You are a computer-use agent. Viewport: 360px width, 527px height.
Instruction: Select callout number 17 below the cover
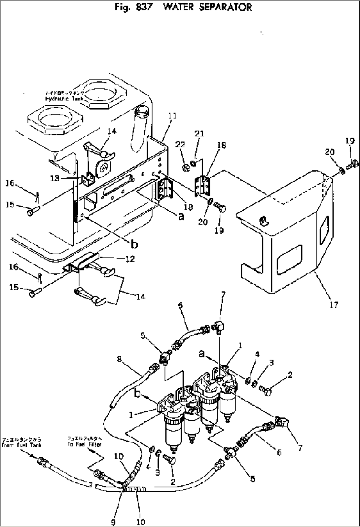pyautogui.click(x=334, y=304)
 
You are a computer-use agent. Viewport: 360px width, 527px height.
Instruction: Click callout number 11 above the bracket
pyautogui.click(x=172, y=116)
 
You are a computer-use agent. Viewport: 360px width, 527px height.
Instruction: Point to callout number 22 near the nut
pyautogui.click(x=180, y=144)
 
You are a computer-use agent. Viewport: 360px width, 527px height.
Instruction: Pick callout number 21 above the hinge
pyautogui.click(x=199, y=133)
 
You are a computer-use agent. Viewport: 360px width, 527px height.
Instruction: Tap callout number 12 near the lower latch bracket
pyautogui.click(x=130, y=259)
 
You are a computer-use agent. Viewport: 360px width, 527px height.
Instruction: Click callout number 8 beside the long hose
pyautogui.click(x=120, y=359)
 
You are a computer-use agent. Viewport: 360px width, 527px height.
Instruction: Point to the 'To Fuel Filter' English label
pyautogui.click(x=85, y=444)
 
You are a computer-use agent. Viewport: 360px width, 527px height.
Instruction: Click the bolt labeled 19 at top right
pyautogui.click(x=353, y=163)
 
